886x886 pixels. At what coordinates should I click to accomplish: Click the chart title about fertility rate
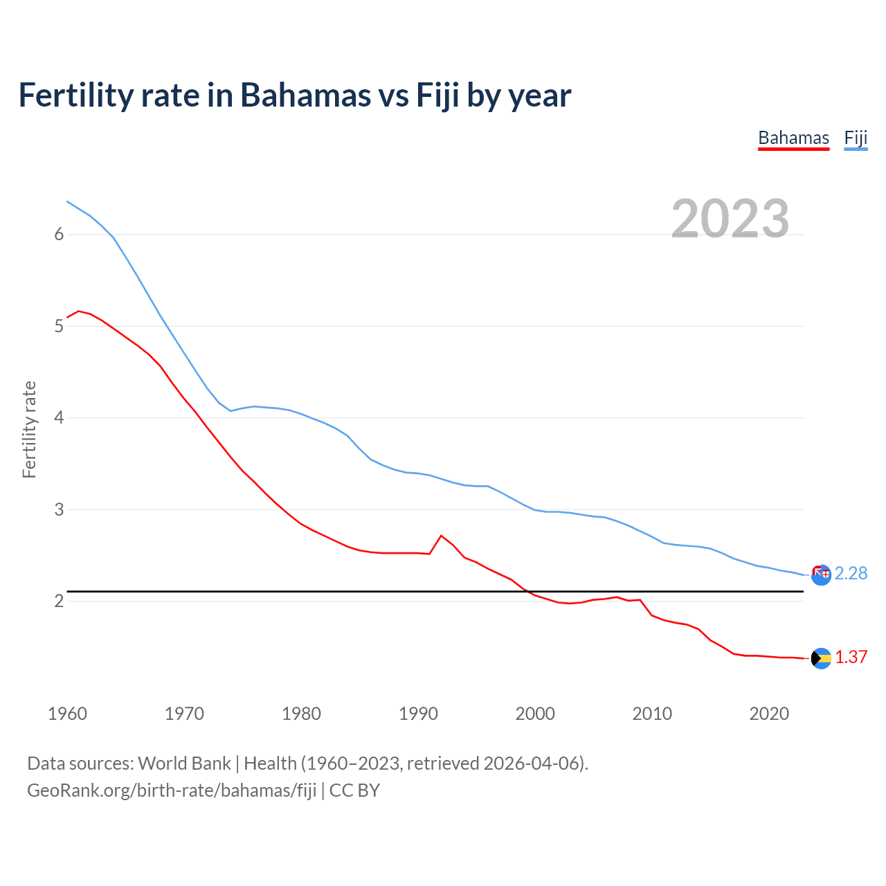[x=295, y=96]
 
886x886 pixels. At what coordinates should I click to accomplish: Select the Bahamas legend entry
[x=793, y=138]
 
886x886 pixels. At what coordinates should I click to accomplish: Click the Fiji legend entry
[x=856, y=138]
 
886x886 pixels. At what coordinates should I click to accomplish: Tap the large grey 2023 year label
[x=730, y=219]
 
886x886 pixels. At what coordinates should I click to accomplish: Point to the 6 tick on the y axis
[x=59, y=234]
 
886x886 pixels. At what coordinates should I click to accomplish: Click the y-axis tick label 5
[x=59, y=326]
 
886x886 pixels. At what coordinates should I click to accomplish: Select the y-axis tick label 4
[x=59, y=417]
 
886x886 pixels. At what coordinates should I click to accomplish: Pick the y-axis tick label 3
[x=59, y=509]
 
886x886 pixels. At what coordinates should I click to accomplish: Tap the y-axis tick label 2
[x=59, y=601]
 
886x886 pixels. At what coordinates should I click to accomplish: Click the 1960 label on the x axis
[x=67, y=714]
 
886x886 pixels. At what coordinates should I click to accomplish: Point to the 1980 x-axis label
[x=301, y=714]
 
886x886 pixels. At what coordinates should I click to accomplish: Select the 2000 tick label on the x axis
[x=535, y=714]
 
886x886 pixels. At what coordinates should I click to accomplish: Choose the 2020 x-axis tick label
[x=769, y=714]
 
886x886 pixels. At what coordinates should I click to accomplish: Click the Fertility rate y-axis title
[x=29, y=429]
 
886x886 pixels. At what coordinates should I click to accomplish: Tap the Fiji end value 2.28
[x=851, y=573]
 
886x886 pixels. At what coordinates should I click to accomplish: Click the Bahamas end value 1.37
[x=851, y=657]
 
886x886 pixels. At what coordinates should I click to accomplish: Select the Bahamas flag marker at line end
[x=821, y=658]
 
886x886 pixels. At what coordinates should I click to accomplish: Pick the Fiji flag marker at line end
[x=821, y=575]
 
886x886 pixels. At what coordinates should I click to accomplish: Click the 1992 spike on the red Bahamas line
[x=441, y=536]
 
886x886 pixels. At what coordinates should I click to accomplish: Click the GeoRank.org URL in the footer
[x=172, y=790]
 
